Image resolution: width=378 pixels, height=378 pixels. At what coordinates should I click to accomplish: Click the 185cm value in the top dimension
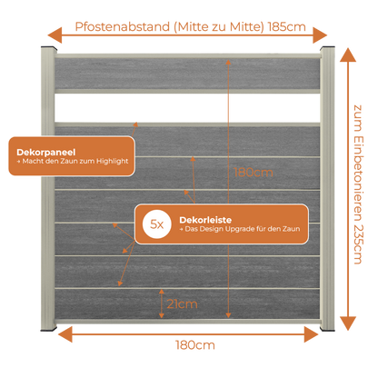(x=287, y=27)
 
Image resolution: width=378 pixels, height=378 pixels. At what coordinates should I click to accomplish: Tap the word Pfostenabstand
(x=123, y=27)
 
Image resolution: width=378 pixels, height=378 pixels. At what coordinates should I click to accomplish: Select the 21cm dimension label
(x=182, y=303)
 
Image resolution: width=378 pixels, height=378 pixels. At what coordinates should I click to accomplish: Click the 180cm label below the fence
(x=195, y=345)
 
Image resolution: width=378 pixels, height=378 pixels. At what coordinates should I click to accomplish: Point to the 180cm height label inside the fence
(x=254, y=173)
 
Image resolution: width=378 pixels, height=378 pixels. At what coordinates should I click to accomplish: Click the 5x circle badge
(x=157, y=224)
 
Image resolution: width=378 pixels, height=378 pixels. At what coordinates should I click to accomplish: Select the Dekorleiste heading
(x=205, y=220)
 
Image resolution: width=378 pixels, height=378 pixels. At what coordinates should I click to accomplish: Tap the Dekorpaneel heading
(x=46, y=153)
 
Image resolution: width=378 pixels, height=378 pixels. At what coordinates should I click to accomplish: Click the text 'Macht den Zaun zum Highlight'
(x=75, y=161)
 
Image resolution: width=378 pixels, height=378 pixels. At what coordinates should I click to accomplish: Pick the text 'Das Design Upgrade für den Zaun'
(x=243, y=229)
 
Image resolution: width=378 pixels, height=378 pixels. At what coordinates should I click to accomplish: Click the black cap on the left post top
(x=49, y=48)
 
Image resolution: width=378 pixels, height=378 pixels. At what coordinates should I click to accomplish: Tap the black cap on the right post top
(x=327, y=48)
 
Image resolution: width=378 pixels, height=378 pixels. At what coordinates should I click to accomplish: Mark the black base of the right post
(x=328, y=329)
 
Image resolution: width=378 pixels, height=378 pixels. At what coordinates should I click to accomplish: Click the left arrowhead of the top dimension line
(x=55, y=35)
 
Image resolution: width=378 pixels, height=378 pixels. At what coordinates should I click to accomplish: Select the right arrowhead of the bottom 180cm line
(x=312, y=334)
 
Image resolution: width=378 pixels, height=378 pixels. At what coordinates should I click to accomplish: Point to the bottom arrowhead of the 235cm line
(x=348, y=323)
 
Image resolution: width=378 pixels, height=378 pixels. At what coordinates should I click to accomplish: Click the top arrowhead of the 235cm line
(x=348, y=55)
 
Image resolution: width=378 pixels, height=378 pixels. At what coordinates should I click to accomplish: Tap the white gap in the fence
(x=187, y=108)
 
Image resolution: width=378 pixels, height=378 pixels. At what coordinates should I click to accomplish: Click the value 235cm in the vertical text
(x=358, y=244)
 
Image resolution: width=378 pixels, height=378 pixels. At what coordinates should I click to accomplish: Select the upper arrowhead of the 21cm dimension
(x=162, y=292)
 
